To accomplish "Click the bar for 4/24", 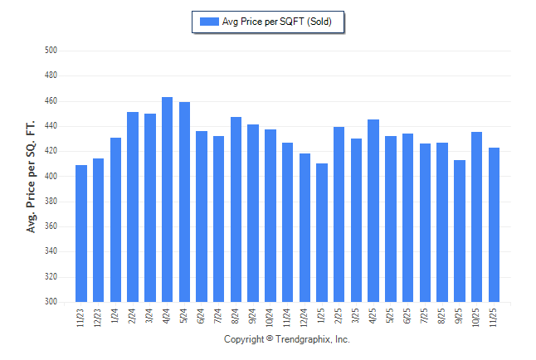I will (167, 199).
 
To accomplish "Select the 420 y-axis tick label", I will (51, 151).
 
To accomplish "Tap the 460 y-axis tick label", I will (51, 101).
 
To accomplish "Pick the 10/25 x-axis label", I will (477, 319).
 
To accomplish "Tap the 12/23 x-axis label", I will (99, 319).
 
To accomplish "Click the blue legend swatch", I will (208, 22).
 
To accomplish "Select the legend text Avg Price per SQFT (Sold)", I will (277, 22).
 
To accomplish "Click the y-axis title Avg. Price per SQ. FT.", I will (32, 176).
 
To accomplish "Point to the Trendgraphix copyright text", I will (287, 339).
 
